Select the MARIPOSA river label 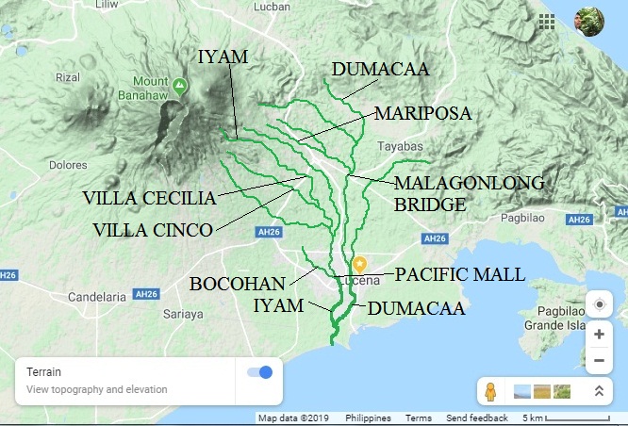pyautogui.click(x=421, y=113)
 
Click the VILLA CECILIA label pyautogui.click(x=149, y=198)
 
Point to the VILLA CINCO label pyautogui.click(x=152, y=229)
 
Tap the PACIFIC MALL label pyautogui.click(x=459, y=274)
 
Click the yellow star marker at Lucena pyautogui.click(x=359, y=264)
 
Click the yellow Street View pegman pyautogui.click(x=490, y=390)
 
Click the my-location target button pyautogui.click(x=599, y=304)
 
